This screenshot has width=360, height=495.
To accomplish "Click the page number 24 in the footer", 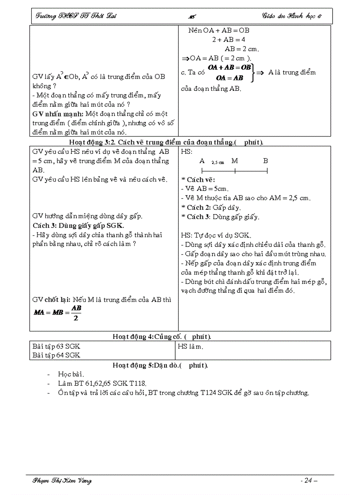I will click(x=308, y=480).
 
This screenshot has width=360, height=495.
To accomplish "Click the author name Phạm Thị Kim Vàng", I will click(x=62, y=480).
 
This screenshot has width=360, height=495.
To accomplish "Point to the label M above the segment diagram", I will click(x=235, y=161).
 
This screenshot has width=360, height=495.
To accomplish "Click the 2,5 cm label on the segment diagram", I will click(x=217, y=162).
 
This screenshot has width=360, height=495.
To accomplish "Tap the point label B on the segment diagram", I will click(x=266, y=161).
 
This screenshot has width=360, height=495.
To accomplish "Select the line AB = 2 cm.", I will click(x=242, y=49).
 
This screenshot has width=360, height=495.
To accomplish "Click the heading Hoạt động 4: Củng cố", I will click(x=161, y=337).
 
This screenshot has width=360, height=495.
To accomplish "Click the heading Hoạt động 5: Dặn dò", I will click(x=160, y=365).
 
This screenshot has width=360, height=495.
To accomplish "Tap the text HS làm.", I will click(x=191, y=346).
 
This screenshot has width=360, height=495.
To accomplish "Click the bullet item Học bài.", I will click(x=71, y=374).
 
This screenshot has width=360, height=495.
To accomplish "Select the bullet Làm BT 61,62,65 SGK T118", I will click(x=102, y=383).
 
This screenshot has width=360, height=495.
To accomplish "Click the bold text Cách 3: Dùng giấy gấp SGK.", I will click(x=72, y=226).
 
